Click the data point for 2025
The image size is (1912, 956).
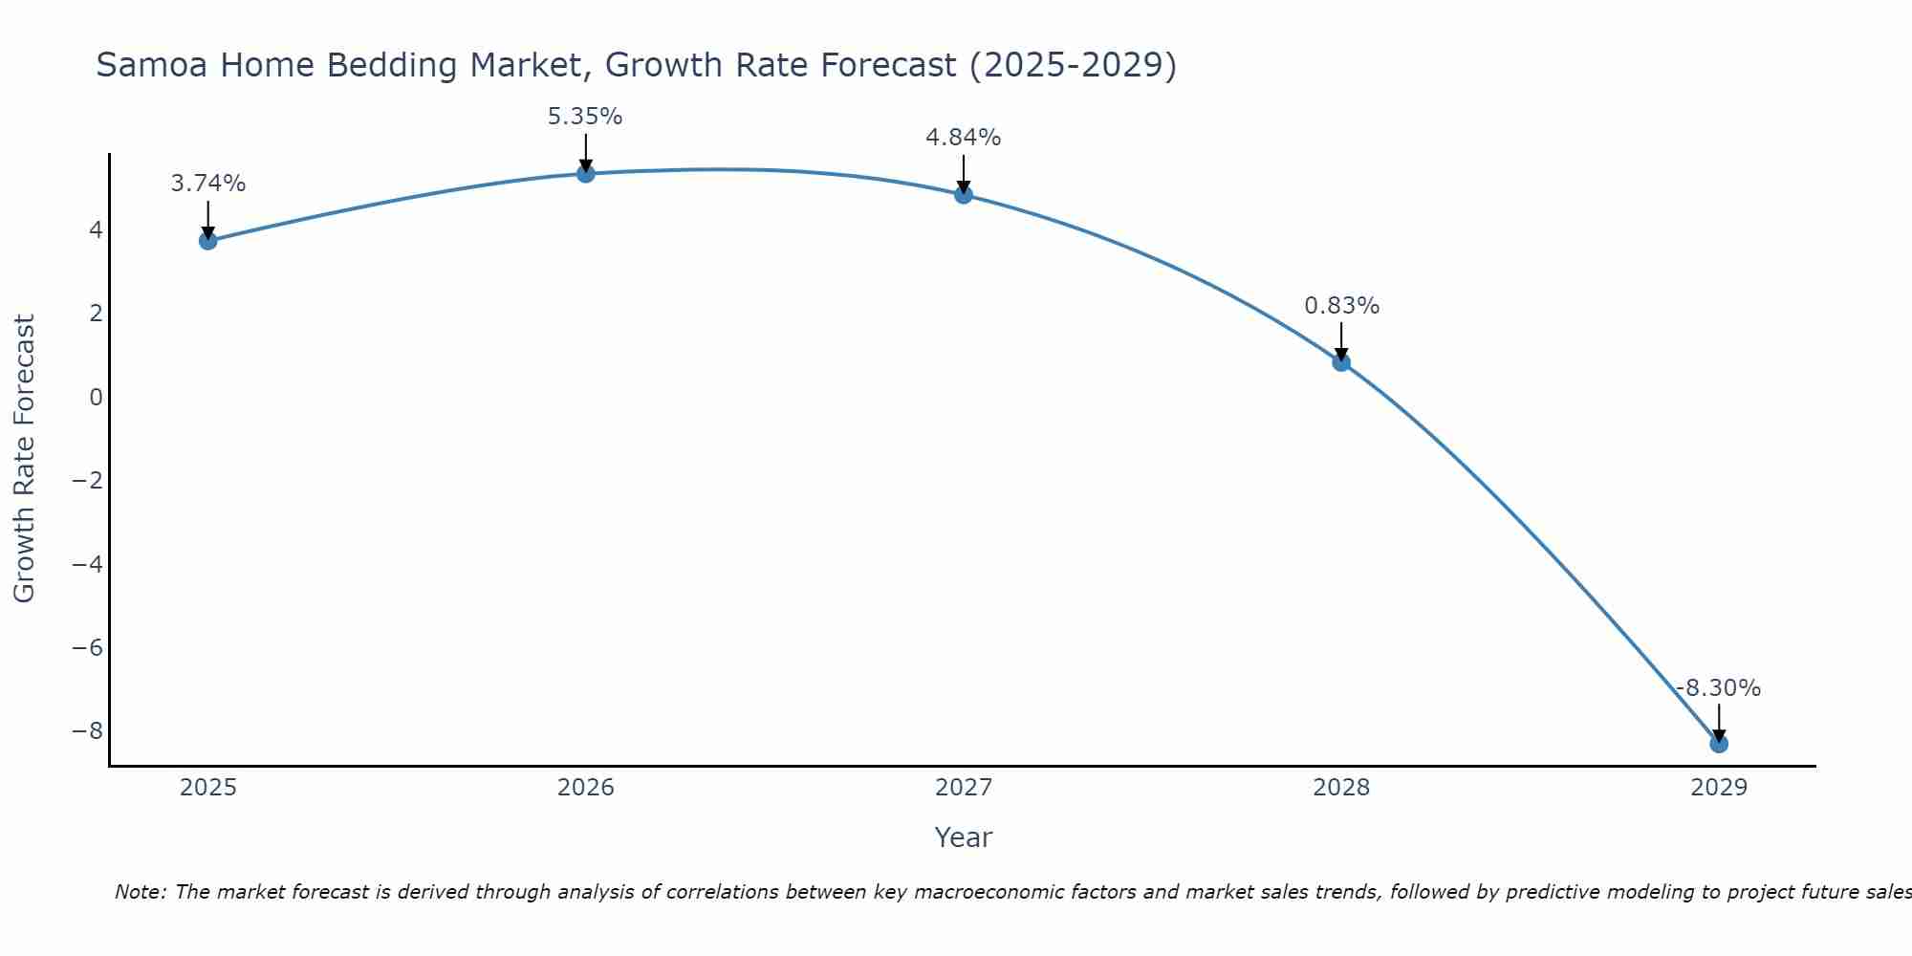click(x=208, y=241)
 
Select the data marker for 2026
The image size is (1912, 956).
click(x=586, y=173)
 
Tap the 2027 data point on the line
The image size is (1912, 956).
click(x=964, y=195)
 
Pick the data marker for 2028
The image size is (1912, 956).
click(x=1341, y=362)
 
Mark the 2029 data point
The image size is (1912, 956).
click(x=1719, y=744)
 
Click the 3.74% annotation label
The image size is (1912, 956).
click(x=208, y=184)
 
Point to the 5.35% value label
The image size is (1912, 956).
click(x=585, y=117)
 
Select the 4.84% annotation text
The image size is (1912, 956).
click(x=964, y=138)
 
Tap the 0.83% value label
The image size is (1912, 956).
click(x=1342, y=306)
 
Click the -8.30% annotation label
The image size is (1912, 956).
click(x=1718, y=688)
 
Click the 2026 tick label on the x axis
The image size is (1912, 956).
click(x=586, y=788)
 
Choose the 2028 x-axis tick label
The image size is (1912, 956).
click(x=1341, y=788)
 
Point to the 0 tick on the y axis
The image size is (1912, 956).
click(x=96, y=397)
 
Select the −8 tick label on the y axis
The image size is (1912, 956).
click(x=88, y=731)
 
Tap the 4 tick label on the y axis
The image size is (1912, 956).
click(x=96, y=229)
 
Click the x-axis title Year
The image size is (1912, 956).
click(x=964, y=837)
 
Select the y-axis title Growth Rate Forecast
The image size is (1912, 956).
click(x=25, y=459)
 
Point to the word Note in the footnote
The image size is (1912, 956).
click(x=140, y=892)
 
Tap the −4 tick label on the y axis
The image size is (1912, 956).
click(x=88, y=564)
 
